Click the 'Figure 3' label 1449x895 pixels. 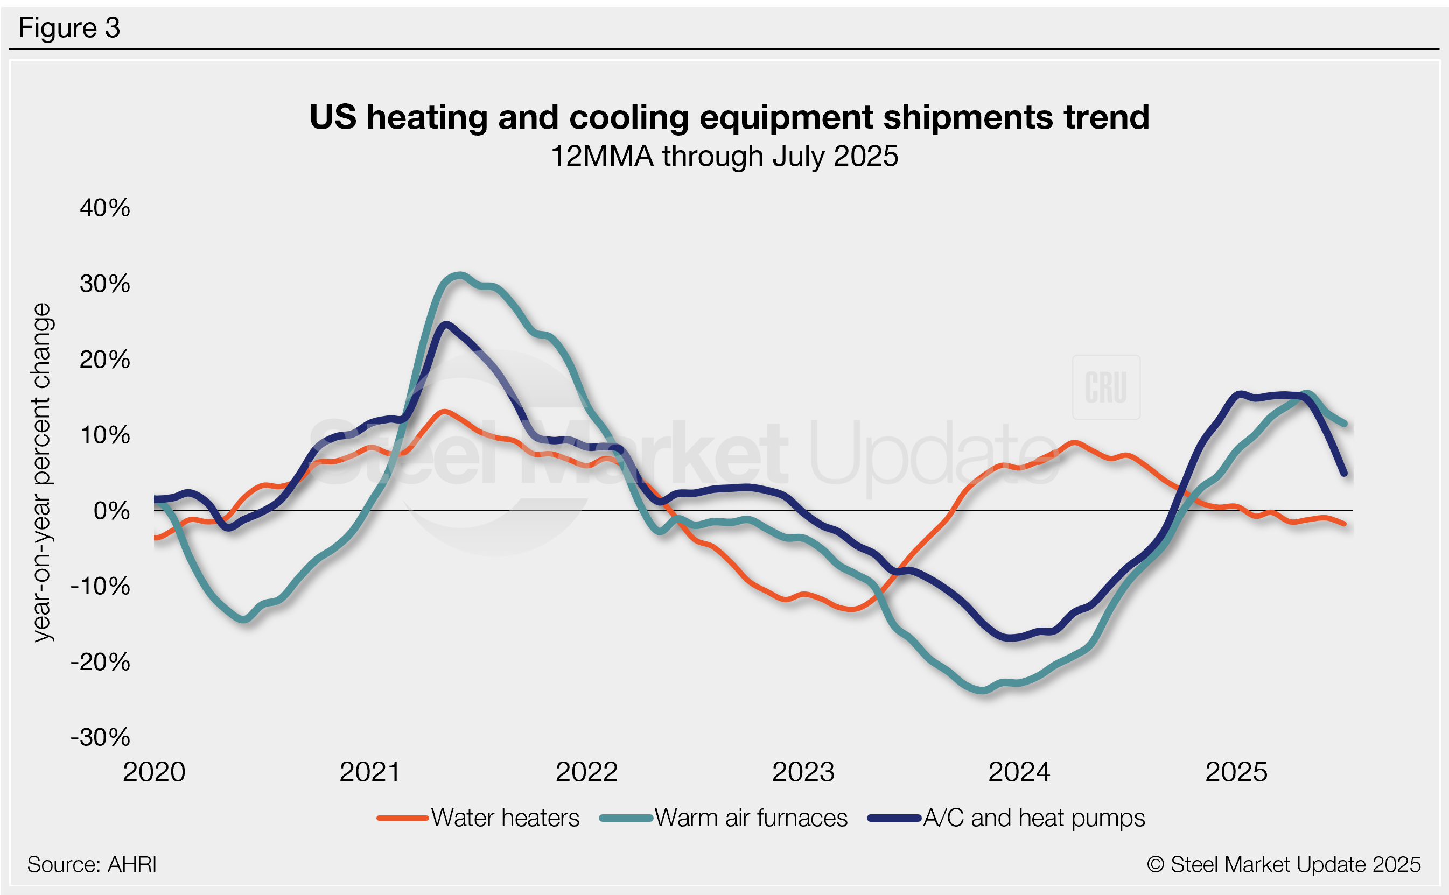[x=69, y=28]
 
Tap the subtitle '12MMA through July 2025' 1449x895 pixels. [x=724, y=156]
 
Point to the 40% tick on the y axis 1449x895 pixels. [x=105, y=208]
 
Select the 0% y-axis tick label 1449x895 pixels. [x=112, y=510]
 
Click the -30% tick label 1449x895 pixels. [x=101, y=737]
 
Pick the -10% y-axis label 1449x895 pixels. [x=101, y=586]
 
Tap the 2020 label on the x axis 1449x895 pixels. [x=154, y=772]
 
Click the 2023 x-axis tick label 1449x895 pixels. [x=803, y=772]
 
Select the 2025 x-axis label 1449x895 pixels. [x=1236, y=772]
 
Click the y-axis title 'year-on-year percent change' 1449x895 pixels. [x=43, y=472]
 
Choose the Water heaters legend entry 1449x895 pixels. [x=479, y=818]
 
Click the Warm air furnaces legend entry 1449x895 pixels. [x=724, y=818]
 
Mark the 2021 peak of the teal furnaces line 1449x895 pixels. [x=460, y=274]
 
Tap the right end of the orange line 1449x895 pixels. [x=1345, y=524]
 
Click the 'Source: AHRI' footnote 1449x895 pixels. [x=92, y=864]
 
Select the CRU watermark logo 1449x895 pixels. [x=1105, y=387]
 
